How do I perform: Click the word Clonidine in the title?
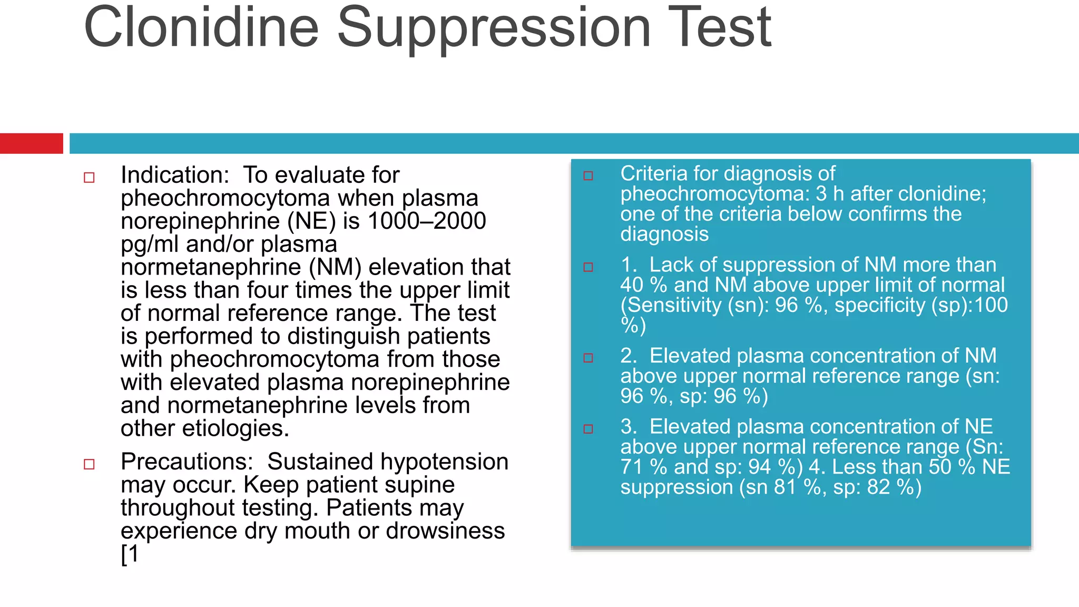(x=201, y=27)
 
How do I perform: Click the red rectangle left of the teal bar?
(x=31, y=143)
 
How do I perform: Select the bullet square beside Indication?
(x=89, y=178)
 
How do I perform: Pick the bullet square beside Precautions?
(x=89, y=464)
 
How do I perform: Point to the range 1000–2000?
(x=427, y=221)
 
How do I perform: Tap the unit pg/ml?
(x=150, y=244)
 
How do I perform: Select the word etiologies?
(x=235, y=428)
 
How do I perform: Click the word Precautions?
(x=187, y=462)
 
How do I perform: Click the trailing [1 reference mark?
(x=130, y=554)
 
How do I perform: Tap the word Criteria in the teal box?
(x=653, y=174)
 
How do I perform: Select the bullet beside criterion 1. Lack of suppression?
(x=588, y=267)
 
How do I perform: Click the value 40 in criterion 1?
(x=632, y=285)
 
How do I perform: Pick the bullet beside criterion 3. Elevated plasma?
(x=588, y=429)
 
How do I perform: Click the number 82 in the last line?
(x=878, y=487)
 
